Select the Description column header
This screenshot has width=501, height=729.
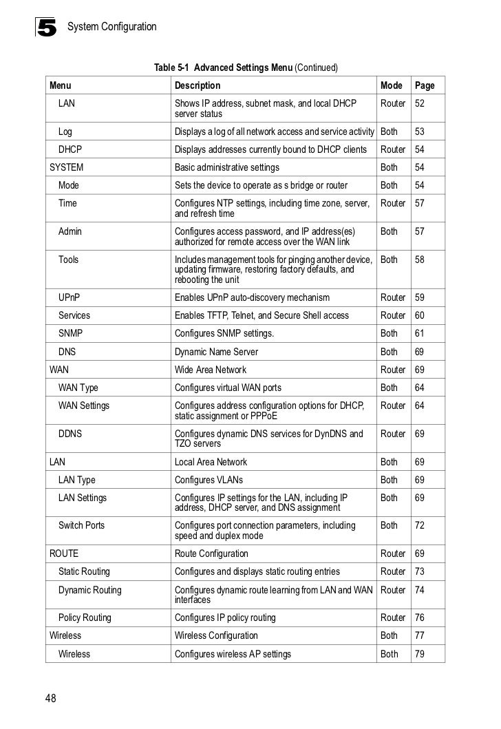tap(198, 86)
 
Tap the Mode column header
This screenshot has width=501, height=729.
tap(391, 86)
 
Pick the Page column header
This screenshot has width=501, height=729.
tap(425, 86)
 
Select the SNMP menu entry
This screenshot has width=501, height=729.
tap(72, 333)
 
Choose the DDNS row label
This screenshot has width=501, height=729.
tap(72, 434)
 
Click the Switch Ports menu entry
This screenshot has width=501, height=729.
tap(82, 525)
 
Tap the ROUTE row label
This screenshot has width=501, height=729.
tap(64, 553)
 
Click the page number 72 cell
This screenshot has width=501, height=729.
tap(420, 525)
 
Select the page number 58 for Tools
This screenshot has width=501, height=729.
tap(420, 260)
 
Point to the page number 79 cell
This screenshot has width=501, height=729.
tap(420, 654)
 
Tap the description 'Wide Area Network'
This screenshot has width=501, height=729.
tap(211, 370)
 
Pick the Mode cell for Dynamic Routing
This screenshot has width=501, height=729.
tap(393, 590)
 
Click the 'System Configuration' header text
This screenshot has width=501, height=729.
tap(112, 28)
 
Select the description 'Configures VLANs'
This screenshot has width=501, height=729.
tap(209, 480)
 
